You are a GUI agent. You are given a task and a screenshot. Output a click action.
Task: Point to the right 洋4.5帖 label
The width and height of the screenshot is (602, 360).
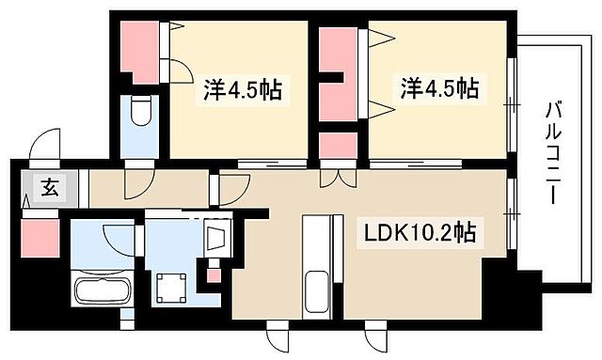pos(440,90)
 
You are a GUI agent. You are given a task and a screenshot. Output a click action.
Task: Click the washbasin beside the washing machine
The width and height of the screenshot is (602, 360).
pos(216,235)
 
